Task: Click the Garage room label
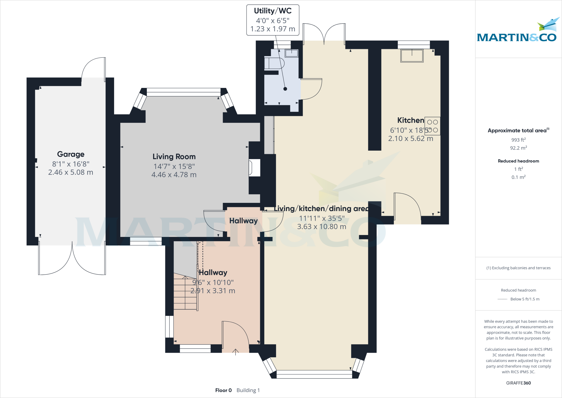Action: click(71, 154)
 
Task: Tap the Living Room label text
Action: click(174, 157)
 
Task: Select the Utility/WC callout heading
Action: click(272, 11)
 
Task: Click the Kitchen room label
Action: click(411, 120)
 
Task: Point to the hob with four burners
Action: click(432, 126)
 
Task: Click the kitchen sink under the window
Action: click(412, 56)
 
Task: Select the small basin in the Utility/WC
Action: click(291, 53)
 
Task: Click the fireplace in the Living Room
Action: click(254, 168)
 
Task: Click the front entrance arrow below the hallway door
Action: click(235, 352)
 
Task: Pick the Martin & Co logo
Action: click(517, 32)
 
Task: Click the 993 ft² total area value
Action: click(518, 140)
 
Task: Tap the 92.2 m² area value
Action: click(518, 148)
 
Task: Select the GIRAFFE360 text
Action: click(518, 383)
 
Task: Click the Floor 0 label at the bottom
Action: click(223, 390)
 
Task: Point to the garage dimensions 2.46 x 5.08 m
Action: click(71, 172)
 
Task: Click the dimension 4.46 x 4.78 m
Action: click(174, 175)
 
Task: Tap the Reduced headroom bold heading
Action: click(518, 161)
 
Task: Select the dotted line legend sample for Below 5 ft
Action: click(502, 299)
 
